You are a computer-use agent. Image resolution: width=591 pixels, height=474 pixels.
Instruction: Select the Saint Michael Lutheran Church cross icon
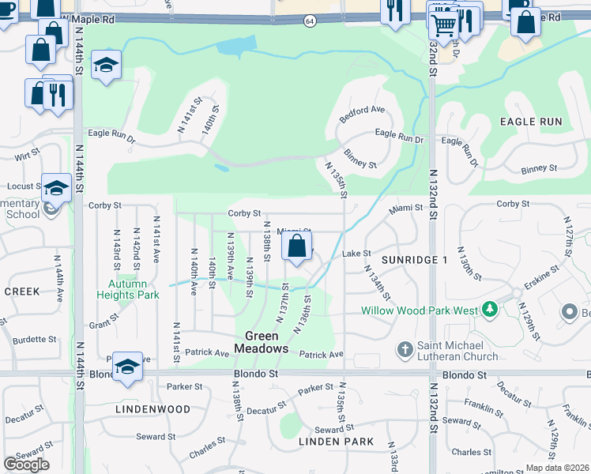pyautogui.click(x=405, y=349)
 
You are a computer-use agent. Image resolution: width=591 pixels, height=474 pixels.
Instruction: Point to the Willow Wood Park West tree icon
pyautogui.click(x=490, y=310)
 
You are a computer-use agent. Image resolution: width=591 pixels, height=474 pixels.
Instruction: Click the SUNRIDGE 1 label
pyautogui.click(x=414, y=260)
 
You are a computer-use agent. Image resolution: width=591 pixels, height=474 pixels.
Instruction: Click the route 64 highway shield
pyautogui.click(x=310, y=21)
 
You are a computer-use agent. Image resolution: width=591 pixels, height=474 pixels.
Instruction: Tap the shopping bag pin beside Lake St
pyautogui.click(x=296, y=246)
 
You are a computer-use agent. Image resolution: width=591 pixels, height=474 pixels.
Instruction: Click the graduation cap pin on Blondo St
pyautogui.click(x=127, y=367)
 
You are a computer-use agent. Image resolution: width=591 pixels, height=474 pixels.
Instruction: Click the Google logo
pyautogui.click(x=26, y=465)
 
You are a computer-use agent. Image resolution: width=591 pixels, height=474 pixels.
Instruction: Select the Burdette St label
pyautogui.click(x=33, y=339)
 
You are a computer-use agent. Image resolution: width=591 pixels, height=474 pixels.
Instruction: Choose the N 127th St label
pyautogui.click(x=567, y=235)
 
